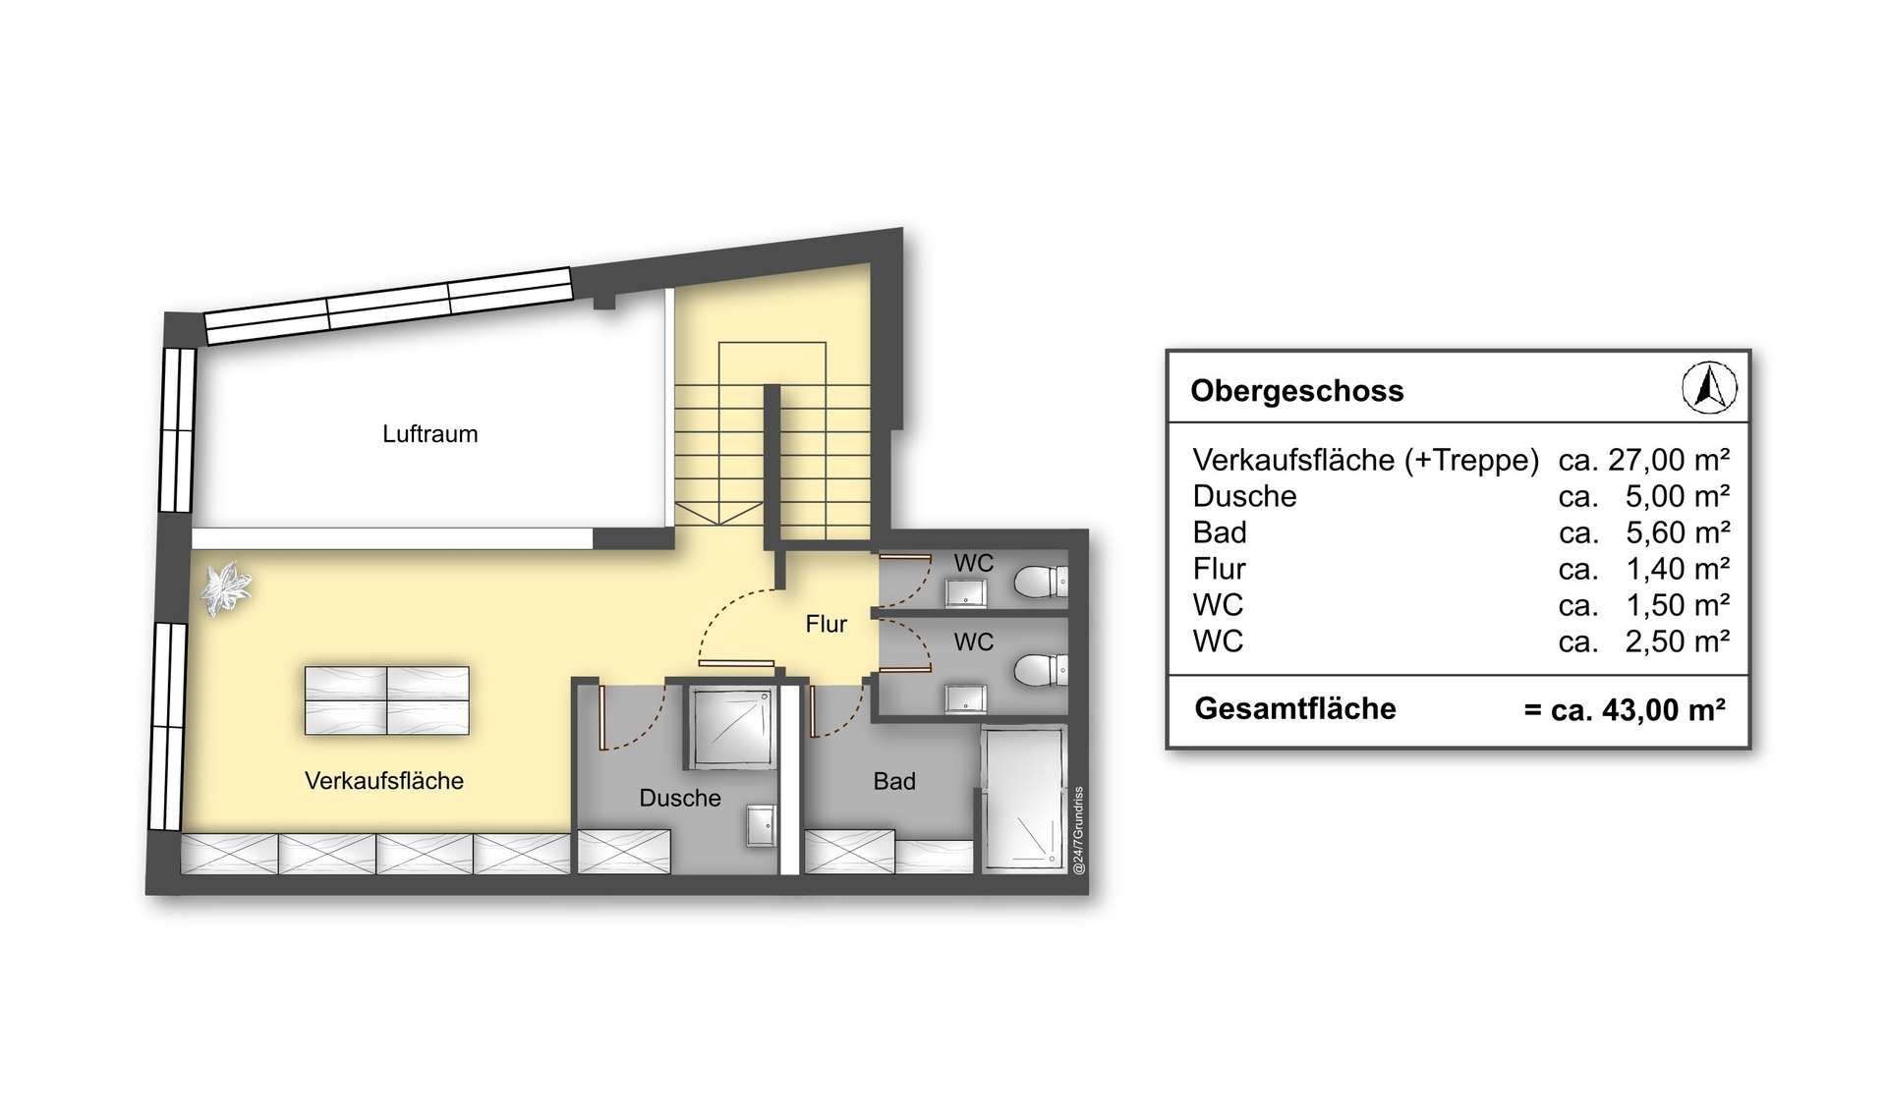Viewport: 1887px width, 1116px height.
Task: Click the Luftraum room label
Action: [430, 434]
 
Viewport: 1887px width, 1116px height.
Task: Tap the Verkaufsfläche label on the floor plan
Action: [384, 781]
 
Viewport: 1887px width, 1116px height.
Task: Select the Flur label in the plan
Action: [827, 624]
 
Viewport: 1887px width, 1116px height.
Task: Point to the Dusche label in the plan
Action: [680, 798]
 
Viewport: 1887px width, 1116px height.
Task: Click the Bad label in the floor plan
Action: [894, 781]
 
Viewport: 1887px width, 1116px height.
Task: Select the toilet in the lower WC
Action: [1038, 670]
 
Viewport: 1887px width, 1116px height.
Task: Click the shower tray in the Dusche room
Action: [729, 727]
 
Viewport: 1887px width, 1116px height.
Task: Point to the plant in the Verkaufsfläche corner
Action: [227, 587]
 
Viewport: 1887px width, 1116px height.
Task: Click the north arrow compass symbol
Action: [1709, 387]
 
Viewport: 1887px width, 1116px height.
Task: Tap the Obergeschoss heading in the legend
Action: [1296, 391]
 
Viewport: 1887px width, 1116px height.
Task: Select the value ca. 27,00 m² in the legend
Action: [1643, 460]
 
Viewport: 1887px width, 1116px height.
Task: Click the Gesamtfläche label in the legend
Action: [1295, 708]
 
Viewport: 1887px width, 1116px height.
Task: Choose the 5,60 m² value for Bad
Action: [1678, 532]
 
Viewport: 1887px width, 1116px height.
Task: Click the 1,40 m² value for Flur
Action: [1678, 569]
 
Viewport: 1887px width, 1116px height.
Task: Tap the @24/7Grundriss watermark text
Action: [1078, 830]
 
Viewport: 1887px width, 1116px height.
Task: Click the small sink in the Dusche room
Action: [761, 825]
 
